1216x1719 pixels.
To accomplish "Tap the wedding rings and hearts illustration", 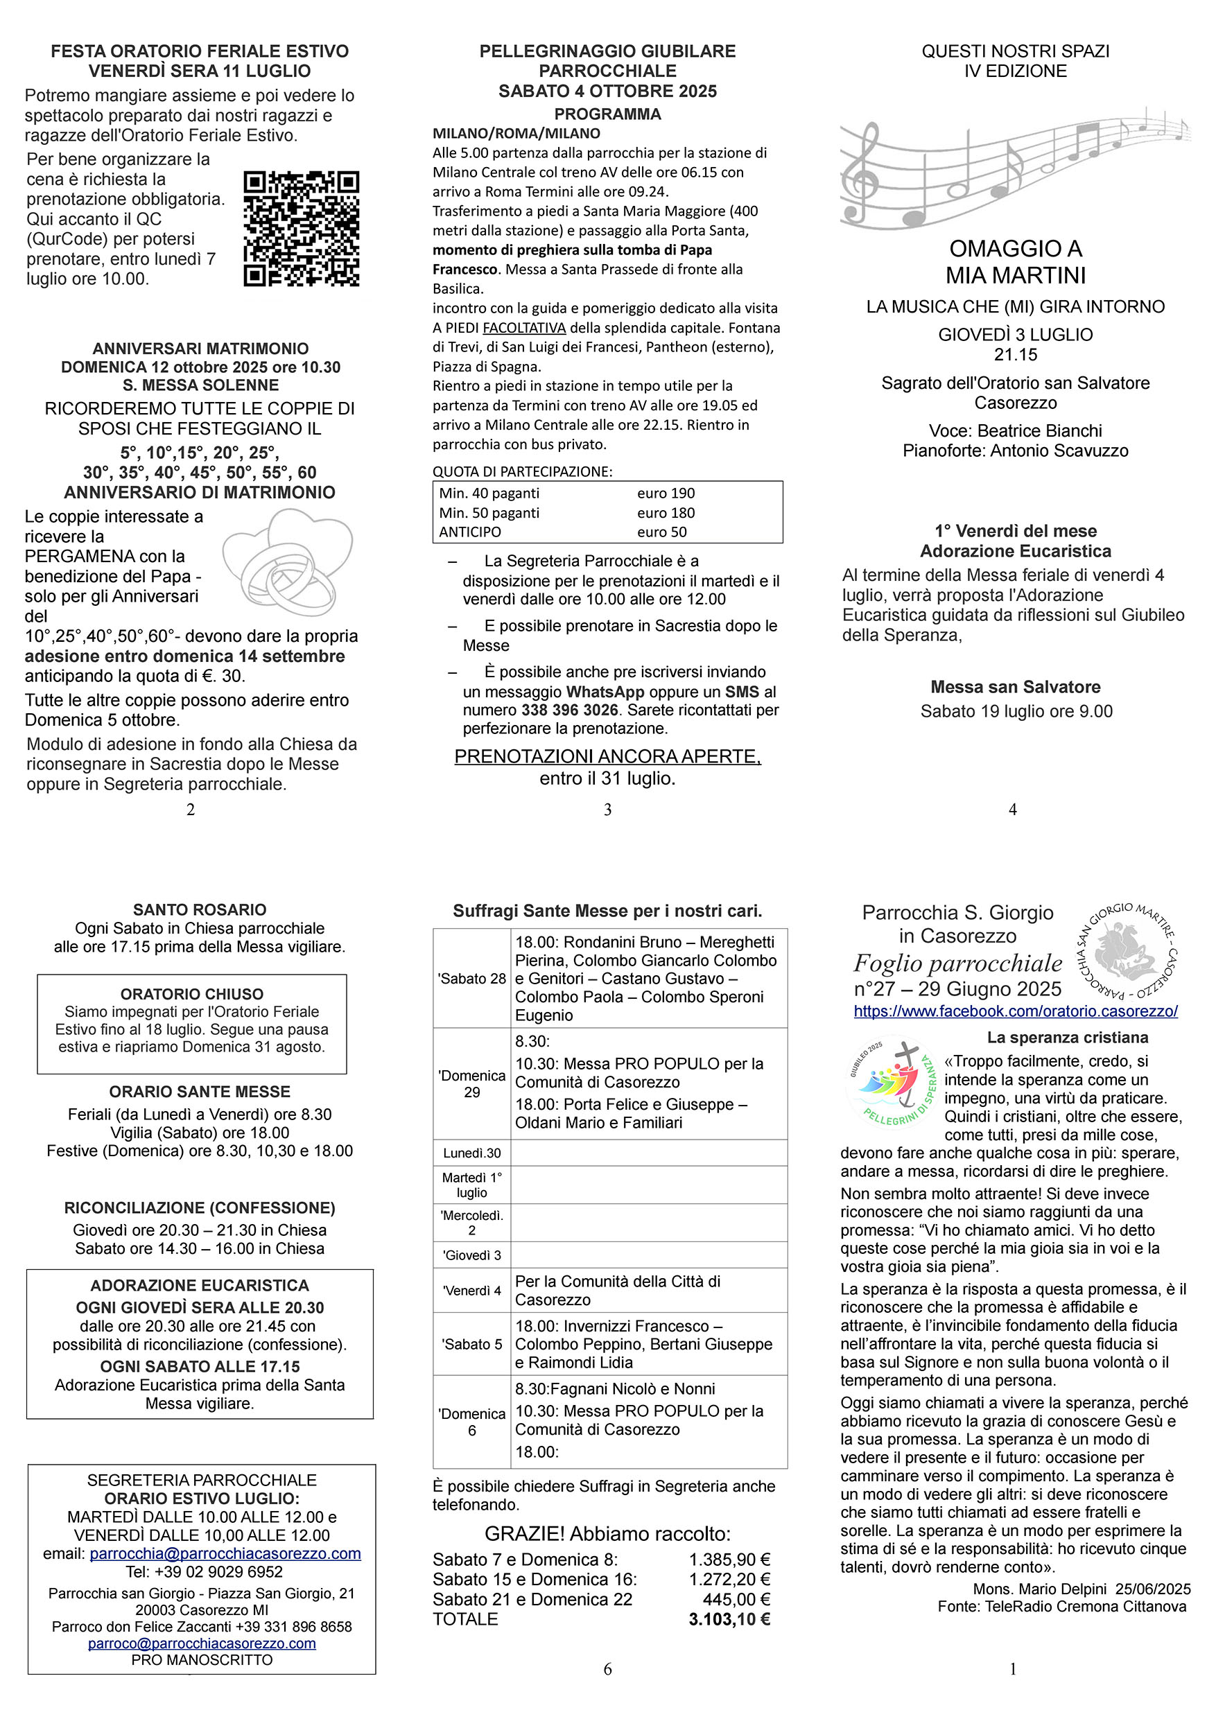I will coord(288,561).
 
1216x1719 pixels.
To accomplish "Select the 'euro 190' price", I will coord(666,494).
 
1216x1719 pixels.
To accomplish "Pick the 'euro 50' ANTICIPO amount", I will coord(662,532).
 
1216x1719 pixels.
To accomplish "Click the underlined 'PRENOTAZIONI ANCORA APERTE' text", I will coord(607,757).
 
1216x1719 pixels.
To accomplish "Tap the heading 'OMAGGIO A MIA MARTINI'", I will coord(1016,262).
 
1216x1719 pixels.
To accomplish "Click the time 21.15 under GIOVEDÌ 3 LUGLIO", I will coord(1016,355).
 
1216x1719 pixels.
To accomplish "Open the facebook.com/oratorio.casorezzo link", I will coord(1016,1011).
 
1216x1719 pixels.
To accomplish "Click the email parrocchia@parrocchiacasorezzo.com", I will coord(225,1554).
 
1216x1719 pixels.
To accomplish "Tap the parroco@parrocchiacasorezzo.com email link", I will coord(202,1643).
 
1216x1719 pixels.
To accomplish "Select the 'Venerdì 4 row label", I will coord(471,1291).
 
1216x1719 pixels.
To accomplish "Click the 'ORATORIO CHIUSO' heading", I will coord(191,994).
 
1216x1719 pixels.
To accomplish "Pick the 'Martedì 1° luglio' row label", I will coord(471,1185).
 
